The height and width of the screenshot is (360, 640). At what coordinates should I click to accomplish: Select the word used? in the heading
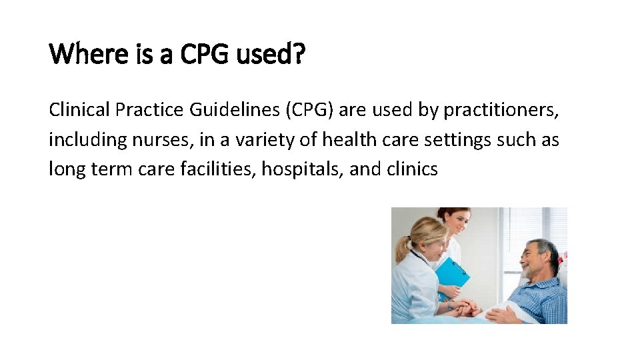click(270, 54)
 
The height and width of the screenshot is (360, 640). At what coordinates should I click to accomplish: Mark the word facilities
click(218, 169)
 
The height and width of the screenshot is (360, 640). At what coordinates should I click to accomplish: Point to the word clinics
click(412, 169)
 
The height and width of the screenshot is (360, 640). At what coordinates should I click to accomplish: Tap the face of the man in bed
click(536, 259)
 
